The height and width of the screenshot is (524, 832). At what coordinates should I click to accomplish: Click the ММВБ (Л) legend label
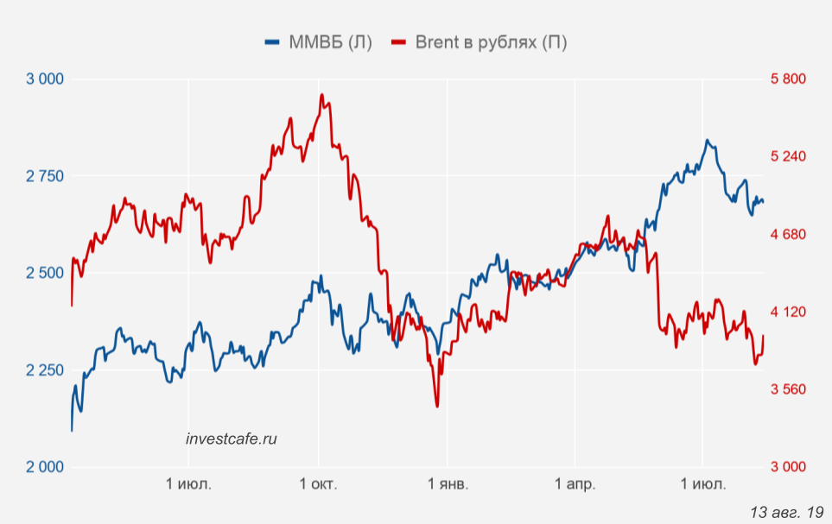330,43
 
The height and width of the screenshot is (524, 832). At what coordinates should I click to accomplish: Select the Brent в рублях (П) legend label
491,43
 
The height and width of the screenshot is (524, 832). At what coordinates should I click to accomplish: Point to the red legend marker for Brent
399,43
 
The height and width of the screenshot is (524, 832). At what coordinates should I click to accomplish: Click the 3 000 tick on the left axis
45,79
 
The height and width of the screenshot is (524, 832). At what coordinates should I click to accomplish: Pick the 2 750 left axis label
45,176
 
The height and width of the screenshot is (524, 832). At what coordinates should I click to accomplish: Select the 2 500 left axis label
45,274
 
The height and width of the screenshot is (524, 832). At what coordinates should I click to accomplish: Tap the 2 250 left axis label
45,370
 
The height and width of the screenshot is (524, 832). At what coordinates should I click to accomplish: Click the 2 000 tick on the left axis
45,467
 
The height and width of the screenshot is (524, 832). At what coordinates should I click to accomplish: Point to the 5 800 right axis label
788,79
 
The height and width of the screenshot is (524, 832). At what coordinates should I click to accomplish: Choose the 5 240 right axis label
788,156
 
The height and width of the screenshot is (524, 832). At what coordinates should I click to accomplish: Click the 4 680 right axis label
788,234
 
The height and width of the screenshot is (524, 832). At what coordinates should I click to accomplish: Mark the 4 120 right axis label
788,312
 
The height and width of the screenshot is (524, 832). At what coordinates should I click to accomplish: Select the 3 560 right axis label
788,389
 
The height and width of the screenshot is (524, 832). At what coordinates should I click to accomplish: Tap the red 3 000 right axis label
788,467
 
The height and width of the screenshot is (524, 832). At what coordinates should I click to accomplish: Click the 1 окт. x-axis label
318,484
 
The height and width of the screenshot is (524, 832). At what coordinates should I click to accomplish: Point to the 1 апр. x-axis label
575,484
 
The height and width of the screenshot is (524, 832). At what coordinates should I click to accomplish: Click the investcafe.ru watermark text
232,439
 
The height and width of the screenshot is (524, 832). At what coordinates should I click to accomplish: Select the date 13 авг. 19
787,512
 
